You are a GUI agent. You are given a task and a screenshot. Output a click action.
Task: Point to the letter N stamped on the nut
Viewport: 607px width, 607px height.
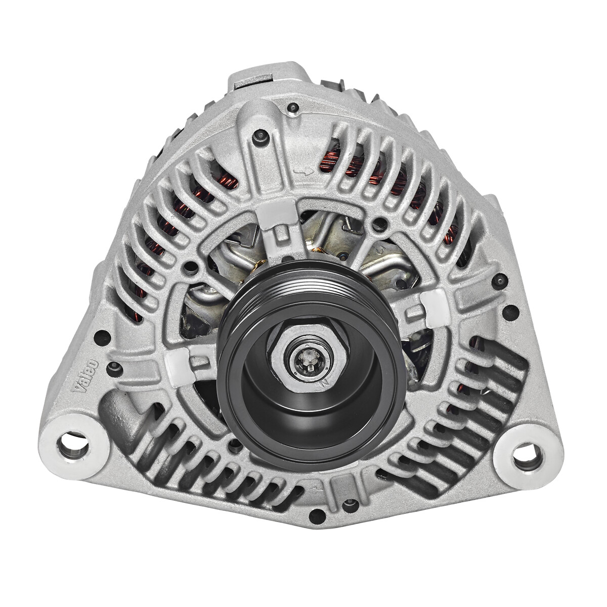click(324, 383)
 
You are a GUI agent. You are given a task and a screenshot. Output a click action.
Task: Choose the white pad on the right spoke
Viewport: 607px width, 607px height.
click(431, 308)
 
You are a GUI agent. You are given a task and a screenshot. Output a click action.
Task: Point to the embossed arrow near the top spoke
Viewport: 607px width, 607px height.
click(302, 173)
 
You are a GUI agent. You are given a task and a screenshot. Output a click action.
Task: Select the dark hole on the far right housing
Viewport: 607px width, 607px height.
click(500, 280)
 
